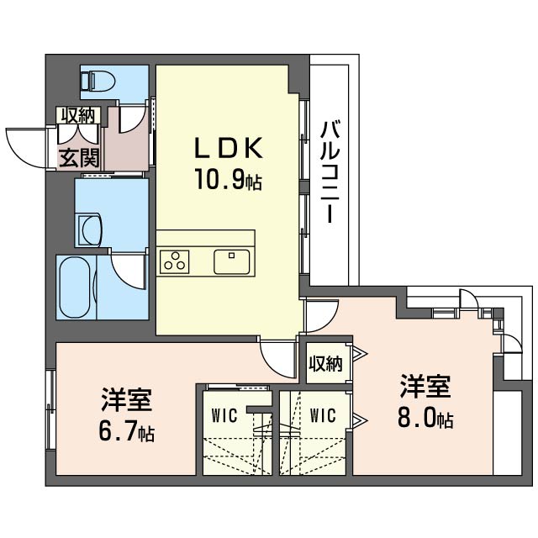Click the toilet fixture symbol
[x=98, y=81]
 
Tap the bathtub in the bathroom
[x=76, y=287]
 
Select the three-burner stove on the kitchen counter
[x=175, y=261]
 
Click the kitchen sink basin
[x=232, y=261]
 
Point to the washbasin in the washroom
[x=91, y=229]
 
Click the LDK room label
[x=229, y=148]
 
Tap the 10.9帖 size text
[x=229, y=179]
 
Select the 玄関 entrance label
[x=79, y=158]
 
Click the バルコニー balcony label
[x=330, y=172]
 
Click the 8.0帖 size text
[x=425, y=418]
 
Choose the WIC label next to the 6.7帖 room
[x=224, y=415]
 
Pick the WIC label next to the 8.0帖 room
[x=323, y=415]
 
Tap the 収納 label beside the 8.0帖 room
[x=326, y=364]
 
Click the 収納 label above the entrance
[x=78, y=116]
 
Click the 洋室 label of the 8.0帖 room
[x=425, y=387]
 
